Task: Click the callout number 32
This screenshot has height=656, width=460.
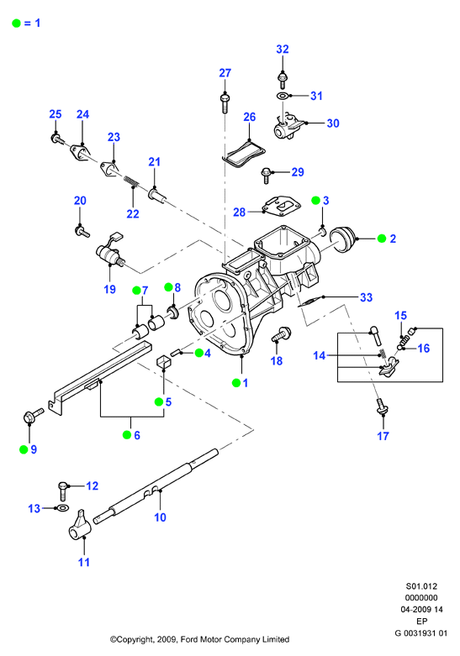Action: pyautogui.click(x=283, y=50)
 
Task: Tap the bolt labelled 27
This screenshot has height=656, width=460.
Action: pyautogui.click(x=225, y=103)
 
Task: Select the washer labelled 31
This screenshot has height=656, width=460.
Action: pyautogui.click(x=282, y=96)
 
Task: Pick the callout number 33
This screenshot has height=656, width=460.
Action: pyautogui.click(x=366, y=297)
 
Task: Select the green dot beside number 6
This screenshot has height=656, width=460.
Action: pyautogui.click(x=127, y=435)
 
